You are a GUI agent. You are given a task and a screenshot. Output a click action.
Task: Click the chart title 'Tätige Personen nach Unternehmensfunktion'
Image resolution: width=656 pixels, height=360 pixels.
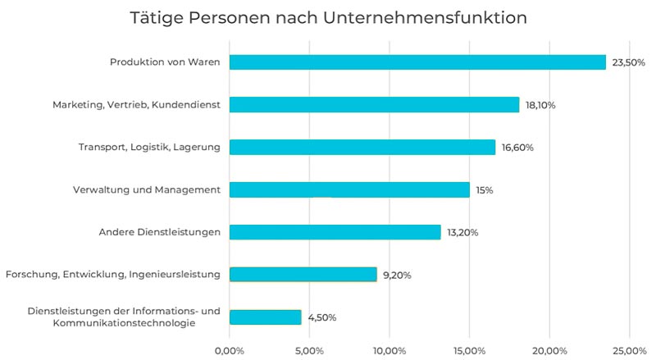(x=328, y=17)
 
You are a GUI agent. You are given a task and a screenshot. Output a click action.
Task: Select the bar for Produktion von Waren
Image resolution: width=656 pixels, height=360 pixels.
(x=417, y=62)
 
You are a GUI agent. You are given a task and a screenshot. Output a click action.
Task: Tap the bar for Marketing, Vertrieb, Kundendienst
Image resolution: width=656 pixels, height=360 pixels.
(x=374, y=105)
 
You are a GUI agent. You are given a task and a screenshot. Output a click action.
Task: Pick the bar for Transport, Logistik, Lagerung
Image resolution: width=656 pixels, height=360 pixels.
(x=362, y=148)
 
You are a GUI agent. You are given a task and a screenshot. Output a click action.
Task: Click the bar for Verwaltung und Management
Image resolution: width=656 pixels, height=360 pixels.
(x=349, y=190)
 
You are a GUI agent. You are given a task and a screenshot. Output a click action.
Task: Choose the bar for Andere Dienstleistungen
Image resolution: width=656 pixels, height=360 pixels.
(x=335, y=232)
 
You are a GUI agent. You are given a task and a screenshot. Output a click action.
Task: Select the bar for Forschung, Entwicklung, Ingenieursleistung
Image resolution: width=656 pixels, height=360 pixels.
(x=303, y=275)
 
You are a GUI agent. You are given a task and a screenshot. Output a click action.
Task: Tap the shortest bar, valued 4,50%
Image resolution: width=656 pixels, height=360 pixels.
(x=266, y=317)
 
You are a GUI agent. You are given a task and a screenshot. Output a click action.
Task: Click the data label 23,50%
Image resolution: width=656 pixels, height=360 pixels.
(x=629, y=62)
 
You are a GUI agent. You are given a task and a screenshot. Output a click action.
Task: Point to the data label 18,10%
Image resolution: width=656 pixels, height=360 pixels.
(x=542, y=105)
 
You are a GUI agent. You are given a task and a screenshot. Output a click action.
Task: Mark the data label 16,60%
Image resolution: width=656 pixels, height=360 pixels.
(x=518, y=148)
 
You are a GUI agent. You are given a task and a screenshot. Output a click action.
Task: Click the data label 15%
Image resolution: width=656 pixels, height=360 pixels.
(x=485, y=190)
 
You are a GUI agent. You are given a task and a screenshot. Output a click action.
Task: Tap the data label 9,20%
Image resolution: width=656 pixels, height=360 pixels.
(x=396, y=275)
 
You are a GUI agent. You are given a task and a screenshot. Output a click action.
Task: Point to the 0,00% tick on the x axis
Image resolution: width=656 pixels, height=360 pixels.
(x=229, y=351)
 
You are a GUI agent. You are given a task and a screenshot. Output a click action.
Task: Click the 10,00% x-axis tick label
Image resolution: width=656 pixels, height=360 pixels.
(x=389, y=351)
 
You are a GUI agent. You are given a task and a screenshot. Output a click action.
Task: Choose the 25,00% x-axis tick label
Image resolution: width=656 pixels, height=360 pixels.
(x=629, y=351)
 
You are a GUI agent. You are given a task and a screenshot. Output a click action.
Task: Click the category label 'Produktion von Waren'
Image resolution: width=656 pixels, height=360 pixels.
(x=165, y=62)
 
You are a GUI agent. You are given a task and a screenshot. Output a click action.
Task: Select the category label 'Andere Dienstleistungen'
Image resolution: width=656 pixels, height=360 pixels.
(x=154, y=232)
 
